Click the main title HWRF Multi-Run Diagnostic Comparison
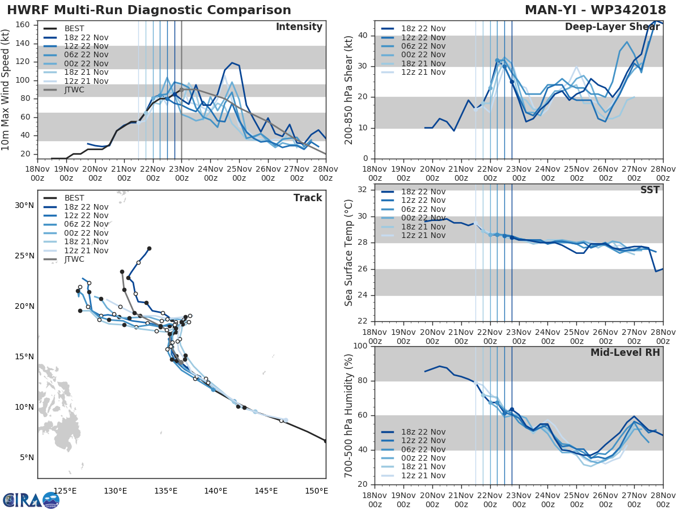(149, 10)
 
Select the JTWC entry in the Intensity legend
(74, 90)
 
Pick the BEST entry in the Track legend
(74, 198)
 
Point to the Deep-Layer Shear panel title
(612, 27)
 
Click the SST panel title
(649, 190)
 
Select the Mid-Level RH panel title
(625, 352)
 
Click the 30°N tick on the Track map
(23, 205)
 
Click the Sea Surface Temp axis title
(349, 252)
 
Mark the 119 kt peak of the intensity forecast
(232, 62)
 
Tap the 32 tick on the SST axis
(361, 190)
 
